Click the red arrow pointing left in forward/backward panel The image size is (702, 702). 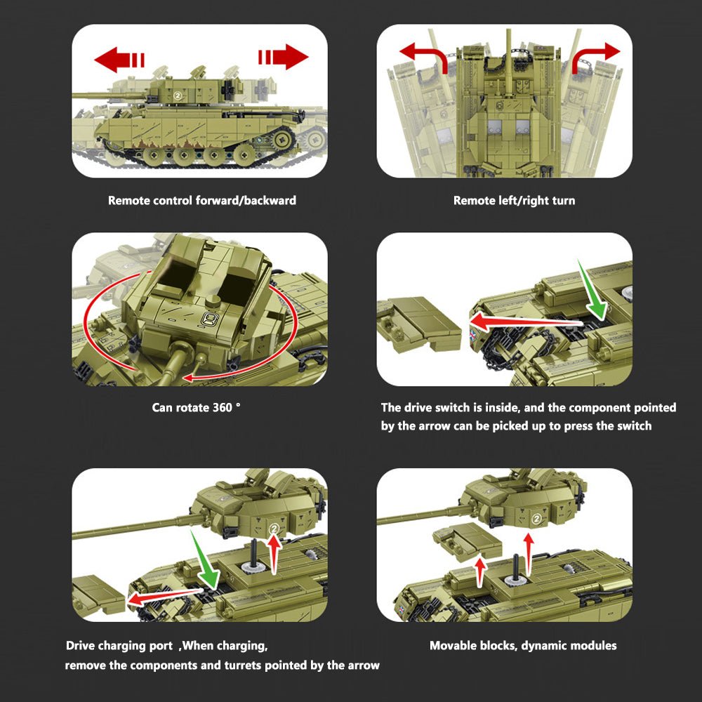tap(119, 60)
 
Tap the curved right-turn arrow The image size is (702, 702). tap(596, 55)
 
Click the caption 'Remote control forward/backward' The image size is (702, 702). tap(202, 201)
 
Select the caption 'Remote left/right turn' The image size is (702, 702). tap(514, 201)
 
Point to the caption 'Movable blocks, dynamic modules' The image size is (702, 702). tap(523, 645)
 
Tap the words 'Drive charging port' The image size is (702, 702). tap(119, 646)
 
